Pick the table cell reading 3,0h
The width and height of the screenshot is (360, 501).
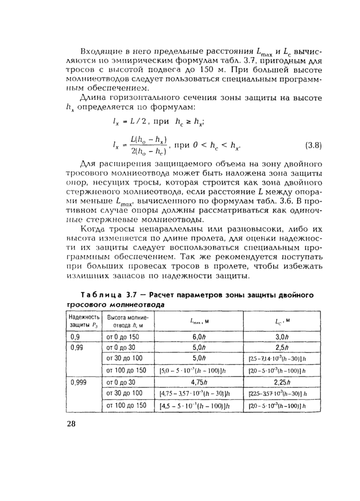(x=281, y=336)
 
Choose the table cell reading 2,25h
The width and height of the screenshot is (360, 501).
(x=281, y=382)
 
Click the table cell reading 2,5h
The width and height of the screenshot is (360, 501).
(x=281, y=347)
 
